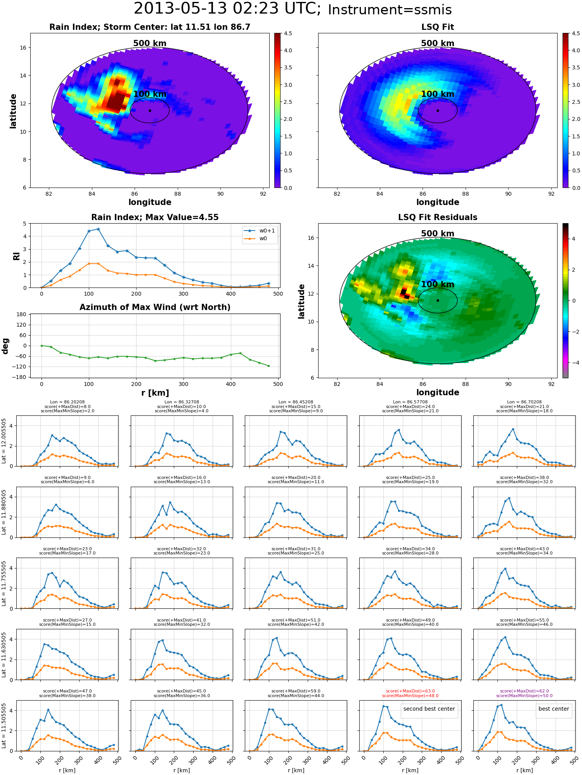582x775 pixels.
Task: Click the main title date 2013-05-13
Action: click(x=180, y=9)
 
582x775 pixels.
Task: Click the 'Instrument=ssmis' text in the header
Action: click(x=390, y=10)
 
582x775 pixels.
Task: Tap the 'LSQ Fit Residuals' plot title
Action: click(x=438, y=217)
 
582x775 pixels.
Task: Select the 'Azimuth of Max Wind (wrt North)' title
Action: click(x=155, y=307)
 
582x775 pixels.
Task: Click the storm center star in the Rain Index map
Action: click(x=150, y=110)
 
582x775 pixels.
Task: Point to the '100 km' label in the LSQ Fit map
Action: click(x=438, y=94)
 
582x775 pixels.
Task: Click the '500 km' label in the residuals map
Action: click(x=438, y=234)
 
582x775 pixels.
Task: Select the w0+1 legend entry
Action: click(x=260, y=231)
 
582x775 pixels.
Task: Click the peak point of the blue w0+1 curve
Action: click(x=98, y=229)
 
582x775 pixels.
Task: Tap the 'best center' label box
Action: click(x=554, y=709)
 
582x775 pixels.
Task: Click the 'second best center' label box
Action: click(x=429, y=709)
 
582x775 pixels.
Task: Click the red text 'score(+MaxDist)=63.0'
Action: click(x=411, y=691)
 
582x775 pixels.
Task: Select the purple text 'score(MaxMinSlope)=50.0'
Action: click(x=525, y=696)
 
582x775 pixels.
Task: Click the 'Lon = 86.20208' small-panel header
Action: click(x=68, y=402)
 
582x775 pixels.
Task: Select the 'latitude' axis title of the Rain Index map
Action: click(x=13, y=111)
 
